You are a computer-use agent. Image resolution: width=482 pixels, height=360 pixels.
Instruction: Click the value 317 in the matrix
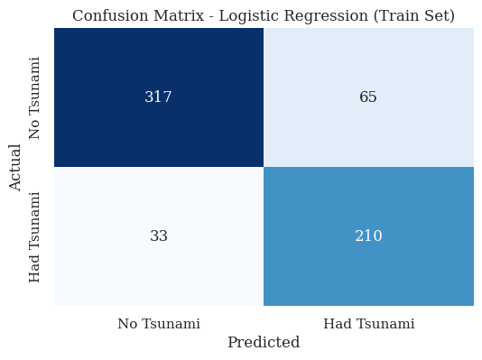click(158, 97)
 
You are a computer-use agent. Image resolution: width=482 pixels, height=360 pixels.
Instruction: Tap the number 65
click(368, 97)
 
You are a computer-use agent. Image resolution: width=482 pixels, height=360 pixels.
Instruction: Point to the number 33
click(158, 236)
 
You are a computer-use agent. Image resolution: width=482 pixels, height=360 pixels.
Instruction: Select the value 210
click(368, 236)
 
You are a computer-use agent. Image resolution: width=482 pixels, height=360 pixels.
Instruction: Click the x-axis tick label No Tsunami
click(159, 323)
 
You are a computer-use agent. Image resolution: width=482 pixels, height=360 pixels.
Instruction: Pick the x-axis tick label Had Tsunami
click(368, 323)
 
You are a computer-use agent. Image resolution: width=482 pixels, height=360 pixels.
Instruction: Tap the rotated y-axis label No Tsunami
click(35, 97)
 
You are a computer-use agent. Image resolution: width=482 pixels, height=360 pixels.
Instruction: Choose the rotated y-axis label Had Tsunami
click(35, 236)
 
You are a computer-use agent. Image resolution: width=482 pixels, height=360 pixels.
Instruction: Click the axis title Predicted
click(264, 343)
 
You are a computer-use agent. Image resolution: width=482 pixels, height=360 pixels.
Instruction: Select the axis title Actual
click(15, 167)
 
